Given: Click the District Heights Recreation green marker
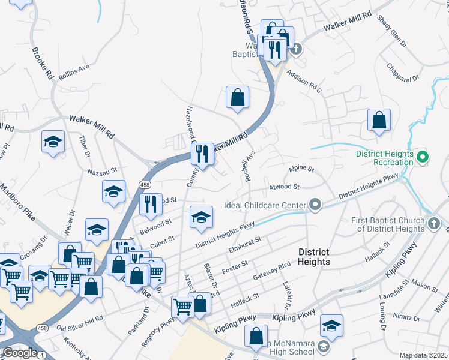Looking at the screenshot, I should coord(422,158).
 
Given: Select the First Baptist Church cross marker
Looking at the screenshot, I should coord(435,224).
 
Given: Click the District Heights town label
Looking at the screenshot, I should coord(313,257).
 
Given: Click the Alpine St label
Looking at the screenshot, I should coord(301,170).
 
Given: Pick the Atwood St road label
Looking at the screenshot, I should coord(285,188).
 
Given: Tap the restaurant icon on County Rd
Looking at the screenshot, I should coord(202,154).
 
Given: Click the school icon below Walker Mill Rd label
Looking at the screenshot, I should coord(53,142).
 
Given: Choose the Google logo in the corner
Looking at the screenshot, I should coord(20,353).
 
